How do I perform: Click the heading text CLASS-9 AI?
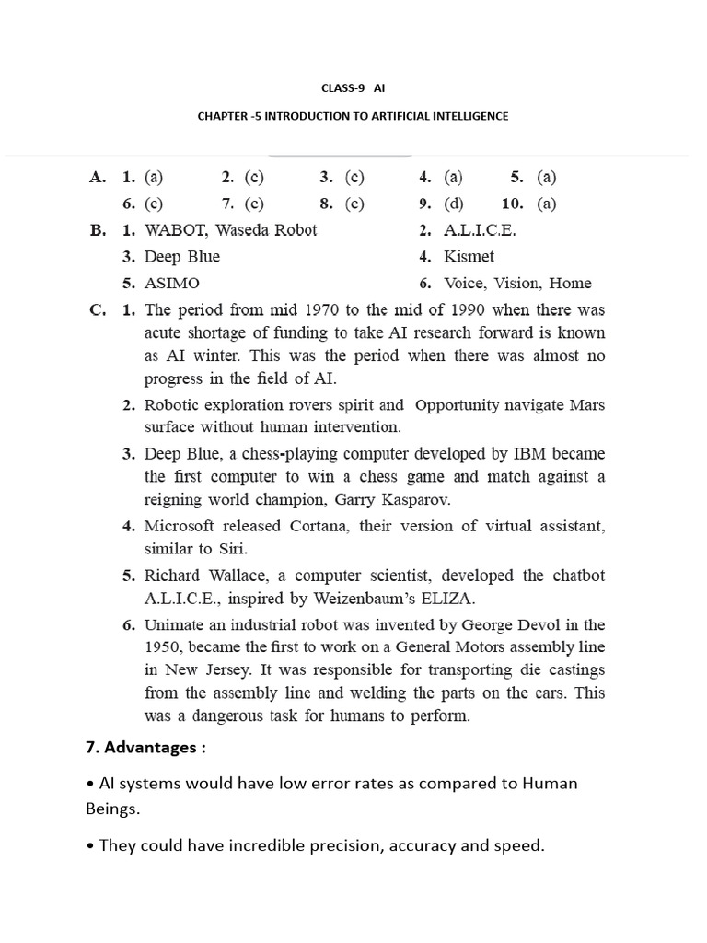tap(353, 88)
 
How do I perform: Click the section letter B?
tap(98, 230)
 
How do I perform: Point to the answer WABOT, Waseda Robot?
tap(230, 230)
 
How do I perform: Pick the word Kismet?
tap(469, 257)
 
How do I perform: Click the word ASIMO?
tap(171, 284)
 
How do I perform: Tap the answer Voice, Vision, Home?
tap(517, 284)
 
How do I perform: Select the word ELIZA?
tap(449, 599)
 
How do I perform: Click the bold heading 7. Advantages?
tap(145, 748)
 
